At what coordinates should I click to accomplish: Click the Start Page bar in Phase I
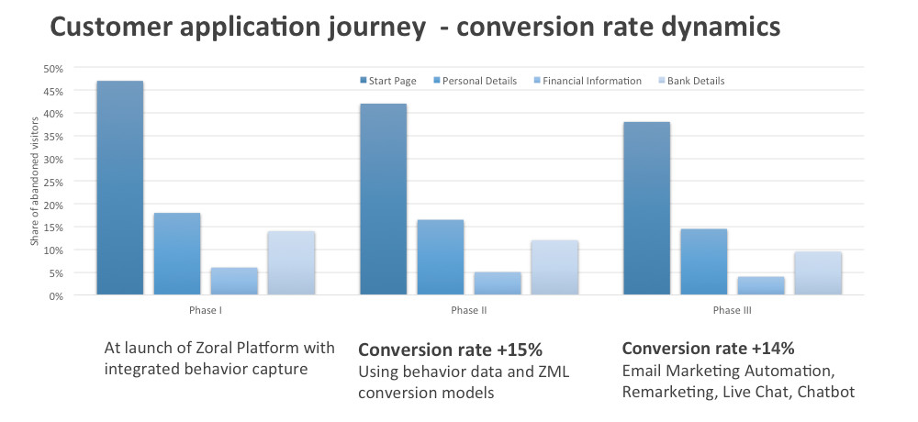pyautogui.click(x=119, y=188)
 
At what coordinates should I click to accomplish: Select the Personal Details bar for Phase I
pyautogui.click(x=177, y=254)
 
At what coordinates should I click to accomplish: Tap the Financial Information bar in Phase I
pyautogui.click(x=234, y=282)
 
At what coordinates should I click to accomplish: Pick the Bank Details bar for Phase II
pyautogui.click(x=554, y=268)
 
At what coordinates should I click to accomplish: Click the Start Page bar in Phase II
pyautogui.click(x=383, y=199)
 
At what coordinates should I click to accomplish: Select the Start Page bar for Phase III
pyautogui.click(x=646, y=208)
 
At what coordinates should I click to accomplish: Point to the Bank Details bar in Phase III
pyautogui.click(x=818, y=273)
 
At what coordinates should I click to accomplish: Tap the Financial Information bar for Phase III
pyautogui.click(x=761, y=286)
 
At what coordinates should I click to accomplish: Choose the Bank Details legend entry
pyautogui.click(x=695, y=81)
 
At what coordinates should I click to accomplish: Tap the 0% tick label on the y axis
pyautogui.click(x=56, y=296)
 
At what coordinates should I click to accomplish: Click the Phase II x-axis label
pyautogui.click(x=468, y=311)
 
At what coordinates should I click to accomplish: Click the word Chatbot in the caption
pyautogui.click(x=826, y=393)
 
